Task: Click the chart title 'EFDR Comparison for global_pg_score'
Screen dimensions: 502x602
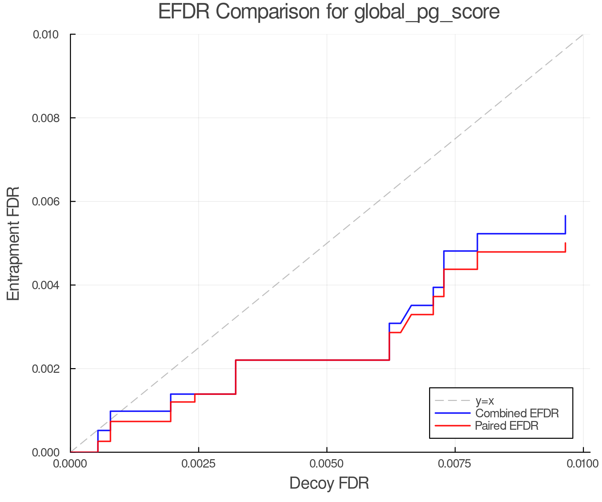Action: tap(329, 12)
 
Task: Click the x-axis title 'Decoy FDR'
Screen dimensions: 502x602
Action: tap(329, 483)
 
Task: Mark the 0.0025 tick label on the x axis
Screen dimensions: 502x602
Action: tap(198, 464)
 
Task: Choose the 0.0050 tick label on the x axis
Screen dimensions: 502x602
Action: tap(327, 464)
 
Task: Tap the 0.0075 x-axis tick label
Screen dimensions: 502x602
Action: tap(455, 464)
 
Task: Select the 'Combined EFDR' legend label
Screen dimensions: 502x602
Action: tap(517, 413)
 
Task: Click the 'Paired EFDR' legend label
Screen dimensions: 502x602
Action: tap(507, 426)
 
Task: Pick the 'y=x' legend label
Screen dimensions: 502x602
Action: tap(485, 401)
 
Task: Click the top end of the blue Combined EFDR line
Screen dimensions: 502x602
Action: tap(565, 216)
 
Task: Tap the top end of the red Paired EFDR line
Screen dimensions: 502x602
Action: tap(565, 243)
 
